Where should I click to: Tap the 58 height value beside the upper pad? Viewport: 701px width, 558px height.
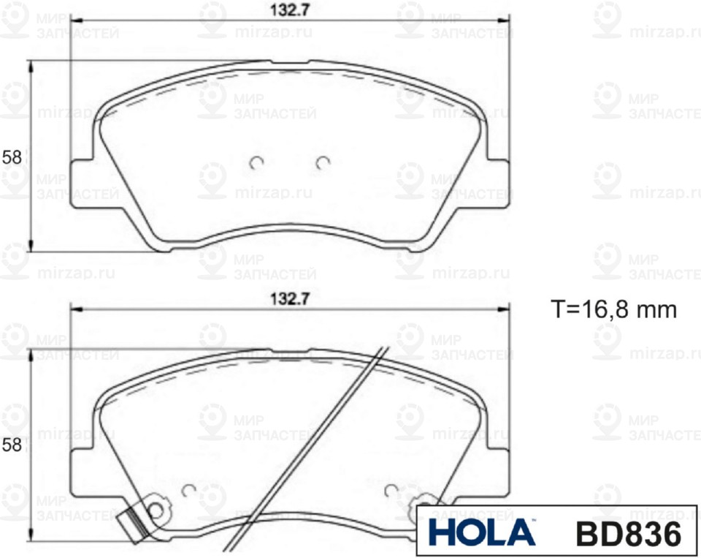(12, 157)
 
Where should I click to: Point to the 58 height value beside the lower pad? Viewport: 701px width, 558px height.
(12, 445)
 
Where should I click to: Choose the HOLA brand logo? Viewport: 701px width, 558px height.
(480, 532)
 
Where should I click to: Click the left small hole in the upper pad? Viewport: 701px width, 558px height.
(256, 164)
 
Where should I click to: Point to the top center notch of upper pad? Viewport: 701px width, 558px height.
(289, 63)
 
